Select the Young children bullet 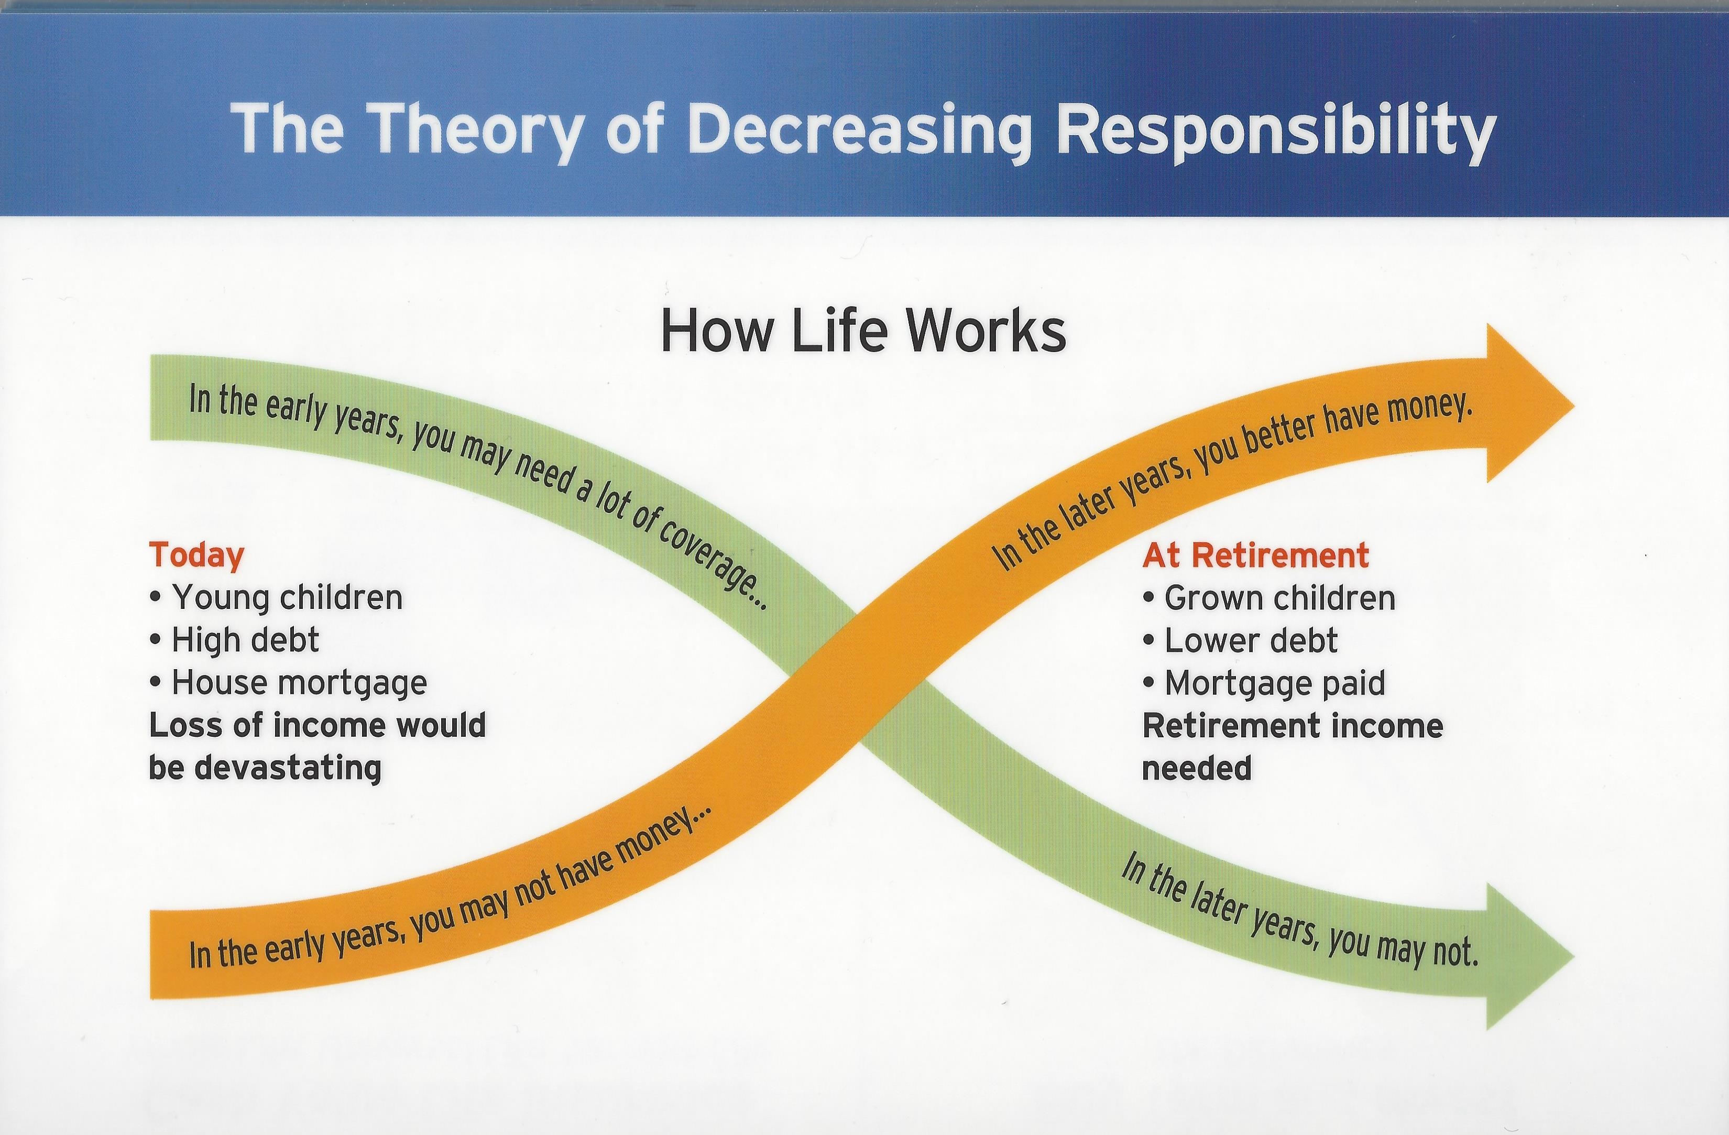[x=276, y=598]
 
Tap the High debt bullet [x=234, y=640]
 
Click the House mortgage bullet [x=288, y=683]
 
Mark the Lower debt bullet [x=1240, y=641]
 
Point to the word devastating [x=288, y=768]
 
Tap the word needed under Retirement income [x=1197, y=769]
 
